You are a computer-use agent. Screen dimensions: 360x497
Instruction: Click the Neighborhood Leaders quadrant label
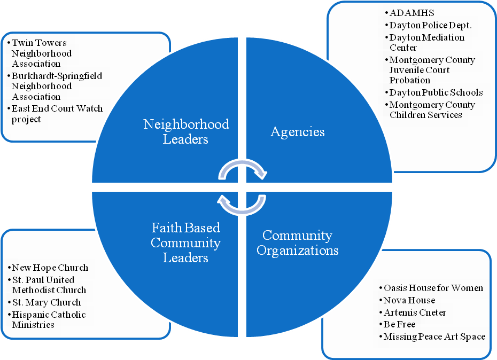coord(186,131)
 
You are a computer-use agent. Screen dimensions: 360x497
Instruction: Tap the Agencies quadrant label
coord(298,131)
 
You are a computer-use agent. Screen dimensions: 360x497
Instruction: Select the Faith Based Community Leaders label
coord(185,242)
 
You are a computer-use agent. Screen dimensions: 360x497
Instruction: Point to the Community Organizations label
coord(298,242)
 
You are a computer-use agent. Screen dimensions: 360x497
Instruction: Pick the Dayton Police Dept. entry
coord(430,25)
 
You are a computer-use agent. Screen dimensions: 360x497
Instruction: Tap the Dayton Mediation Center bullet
coord(426,43)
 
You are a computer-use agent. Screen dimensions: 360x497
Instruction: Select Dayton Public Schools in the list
coord(436,92)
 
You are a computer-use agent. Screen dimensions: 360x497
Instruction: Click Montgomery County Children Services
coord(432,109)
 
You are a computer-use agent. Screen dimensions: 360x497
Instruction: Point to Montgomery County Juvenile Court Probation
coord(432,70)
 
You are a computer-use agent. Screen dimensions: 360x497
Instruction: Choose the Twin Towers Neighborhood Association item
coord(42,53)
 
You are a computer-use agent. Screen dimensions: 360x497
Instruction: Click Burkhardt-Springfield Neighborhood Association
coord(56,86)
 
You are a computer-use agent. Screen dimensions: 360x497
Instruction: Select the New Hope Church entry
coord(50,268)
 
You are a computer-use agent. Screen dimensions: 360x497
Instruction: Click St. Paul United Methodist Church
coord(49,285)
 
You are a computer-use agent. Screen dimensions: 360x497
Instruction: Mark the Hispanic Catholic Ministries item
coord(48,319)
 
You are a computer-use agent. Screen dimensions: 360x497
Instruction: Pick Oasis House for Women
coord(433,288)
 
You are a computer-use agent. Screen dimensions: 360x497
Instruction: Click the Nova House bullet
coord(409,300)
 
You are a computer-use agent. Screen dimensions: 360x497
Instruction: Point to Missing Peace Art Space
coord(434,336)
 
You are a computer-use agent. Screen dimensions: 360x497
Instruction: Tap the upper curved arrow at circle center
coord(243,169)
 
